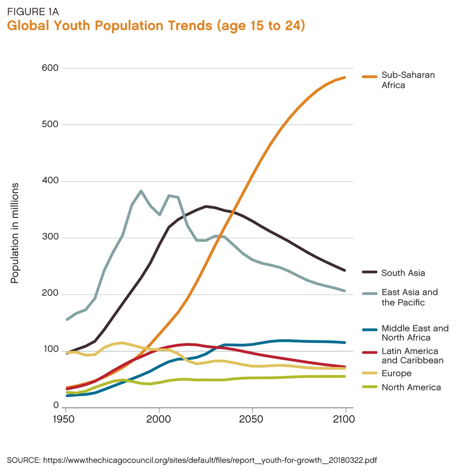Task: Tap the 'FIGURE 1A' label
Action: (33, 11)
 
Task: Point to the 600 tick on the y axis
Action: (50, 68)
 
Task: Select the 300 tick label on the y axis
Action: (50, 238)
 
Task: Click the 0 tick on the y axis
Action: (55, 406)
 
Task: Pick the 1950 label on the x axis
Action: (63, 419)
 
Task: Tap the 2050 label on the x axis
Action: (251, 419)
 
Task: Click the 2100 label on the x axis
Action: (344, 419)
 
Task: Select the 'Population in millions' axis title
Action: (15, 233)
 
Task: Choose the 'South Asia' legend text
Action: (403, 273)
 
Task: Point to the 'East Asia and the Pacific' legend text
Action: (410, 297)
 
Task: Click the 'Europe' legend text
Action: (396, 374)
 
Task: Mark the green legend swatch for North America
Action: (369, 388)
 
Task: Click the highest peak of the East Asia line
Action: (141, 191)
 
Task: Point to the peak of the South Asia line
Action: (206, 206)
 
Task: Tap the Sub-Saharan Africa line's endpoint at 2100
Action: (345, 78)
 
